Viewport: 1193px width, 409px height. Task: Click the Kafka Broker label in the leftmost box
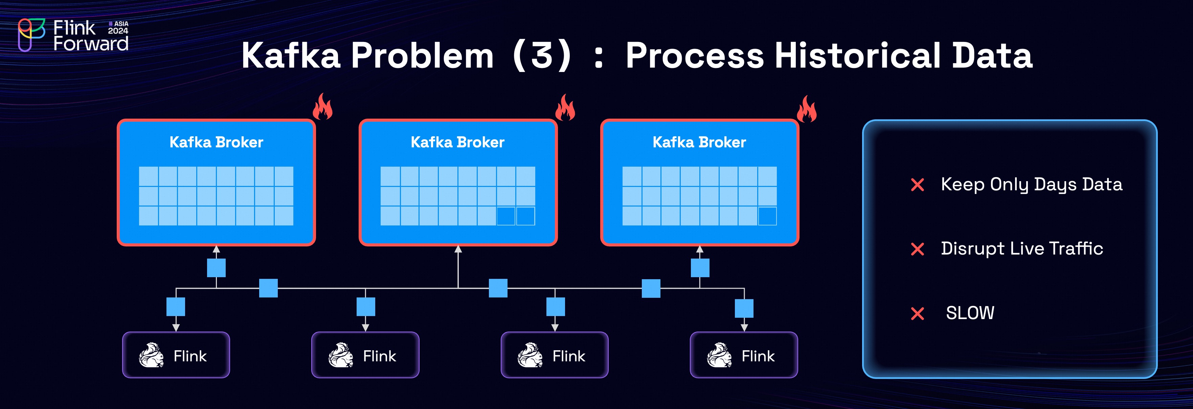[216, 142]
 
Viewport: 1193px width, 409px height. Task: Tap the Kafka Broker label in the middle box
[457, 142]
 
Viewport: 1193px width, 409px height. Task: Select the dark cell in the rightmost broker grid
[767, 216]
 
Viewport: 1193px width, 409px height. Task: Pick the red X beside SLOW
[918, 313]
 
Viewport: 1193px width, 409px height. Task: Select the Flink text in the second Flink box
[379, 356]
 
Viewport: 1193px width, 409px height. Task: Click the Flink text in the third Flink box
[569, 356]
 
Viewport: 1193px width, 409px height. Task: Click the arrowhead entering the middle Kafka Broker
[458, 249]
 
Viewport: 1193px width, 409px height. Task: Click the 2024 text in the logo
[118, 31]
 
